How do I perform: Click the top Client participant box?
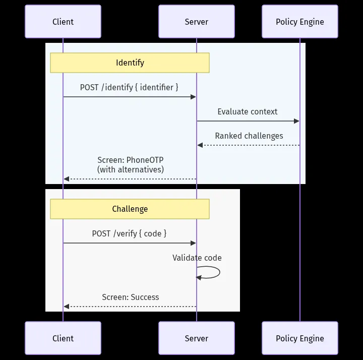tap(63, 22)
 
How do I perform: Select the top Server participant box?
tap(197, 22)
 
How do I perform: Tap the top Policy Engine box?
tap(300, 22)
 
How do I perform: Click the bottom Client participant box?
tap(63, 338)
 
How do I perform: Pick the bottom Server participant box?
tap(197, 338)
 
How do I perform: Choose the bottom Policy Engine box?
tap(300, 338)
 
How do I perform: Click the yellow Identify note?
tap(130, 63)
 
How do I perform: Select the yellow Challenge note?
tap(130, 209)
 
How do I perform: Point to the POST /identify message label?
tap(129, 88)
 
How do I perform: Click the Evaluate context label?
tap(247, 111)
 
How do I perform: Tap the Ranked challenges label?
tap(249, 136)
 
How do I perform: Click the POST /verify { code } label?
tap(129, 233)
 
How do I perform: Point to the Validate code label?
tap(197, 258)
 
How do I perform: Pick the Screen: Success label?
tap(131, 297)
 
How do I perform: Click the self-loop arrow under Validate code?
tap(219, 272)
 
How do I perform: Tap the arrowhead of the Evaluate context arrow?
tap(296, 121)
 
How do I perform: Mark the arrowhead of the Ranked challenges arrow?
tap(200, 145)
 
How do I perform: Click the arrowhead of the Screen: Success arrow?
tap(67, 307)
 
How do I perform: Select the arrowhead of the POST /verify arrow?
tap(193, 243)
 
